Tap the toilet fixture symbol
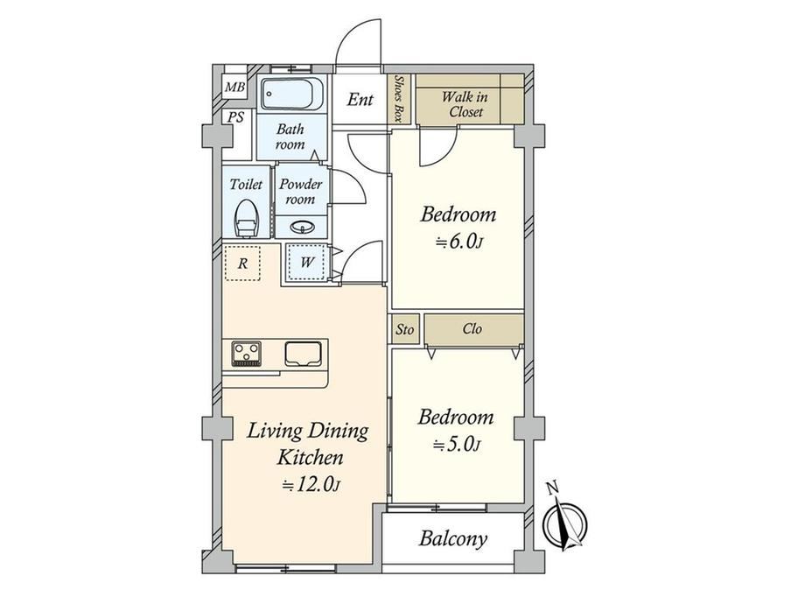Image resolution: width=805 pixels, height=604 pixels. pyautogui.click(x=246, y=218)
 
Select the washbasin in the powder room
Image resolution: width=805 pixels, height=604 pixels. pyautogui.click(x=300, y=227)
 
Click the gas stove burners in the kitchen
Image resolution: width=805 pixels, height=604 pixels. pyautogui.click(x=247, y=354)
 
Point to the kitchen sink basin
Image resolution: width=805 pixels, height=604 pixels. pyautogui.click(x=304, y=354)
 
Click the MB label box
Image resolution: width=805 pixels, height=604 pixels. pyautogui.click(x=235, y=88)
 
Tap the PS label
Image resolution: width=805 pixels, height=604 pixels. pyautogui.click(x=235, y=117)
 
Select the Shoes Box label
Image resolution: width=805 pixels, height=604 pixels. pyautogui.click(x=398, y=99)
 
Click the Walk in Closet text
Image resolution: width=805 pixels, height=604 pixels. pyautogui.click(x=465, y=104)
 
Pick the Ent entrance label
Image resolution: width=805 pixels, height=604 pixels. pyautogui.click(x=360, y=99)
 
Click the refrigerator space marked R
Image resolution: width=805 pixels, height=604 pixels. pyautogui.click(x=242, y=263)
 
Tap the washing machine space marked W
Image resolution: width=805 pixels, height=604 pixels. pyautogui.click(x=306, y=263)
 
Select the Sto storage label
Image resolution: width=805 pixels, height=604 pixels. pyautogui.click(x=404, y=329)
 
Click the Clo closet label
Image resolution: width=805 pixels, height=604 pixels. pyautogui.click(x=472, y=328)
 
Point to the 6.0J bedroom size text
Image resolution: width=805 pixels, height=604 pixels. pyautogui.click(x=459, y=242)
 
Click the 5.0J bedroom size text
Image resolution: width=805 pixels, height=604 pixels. pyautogui.click(x=457, y=445)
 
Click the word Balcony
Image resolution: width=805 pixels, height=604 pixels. pyautogui.click(x=453, y=538)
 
